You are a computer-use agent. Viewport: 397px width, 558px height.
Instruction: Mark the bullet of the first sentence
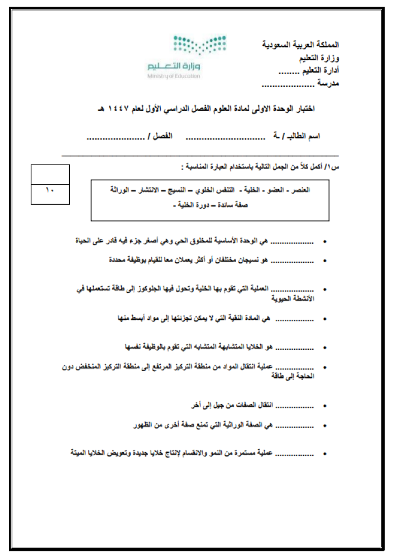click(x=326, y=242)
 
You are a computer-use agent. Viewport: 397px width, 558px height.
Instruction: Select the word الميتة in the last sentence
click(x=79, y=453)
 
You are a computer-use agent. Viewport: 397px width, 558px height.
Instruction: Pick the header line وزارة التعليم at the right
click(x=318, y=57)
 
